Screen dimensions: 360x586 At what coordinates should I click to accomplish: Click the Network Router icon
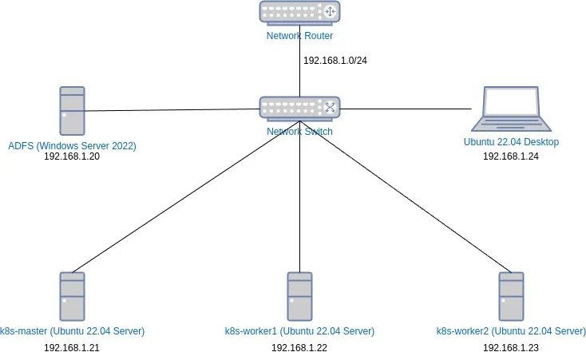299,12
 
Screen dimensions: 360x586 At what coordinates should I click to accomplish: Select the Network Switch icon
299,108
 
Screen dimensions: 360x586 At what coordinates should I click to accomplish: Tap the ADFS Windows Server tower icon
72,110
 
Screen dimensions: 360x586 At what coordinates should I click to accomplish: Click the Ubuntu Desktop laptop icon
511,109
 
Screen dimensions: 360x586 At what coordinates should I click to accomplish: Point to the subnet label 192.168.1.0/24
336,60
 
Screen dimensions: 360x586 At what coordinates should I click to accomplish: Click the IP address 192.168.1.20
72,156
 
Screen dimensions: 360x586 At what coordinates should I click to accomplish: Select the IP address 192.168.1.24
511,156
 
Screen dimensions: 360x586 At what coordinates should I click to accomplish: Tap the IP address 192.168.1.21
72,347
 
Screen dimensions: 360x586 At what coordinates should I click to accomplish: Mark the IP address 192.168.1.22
299,347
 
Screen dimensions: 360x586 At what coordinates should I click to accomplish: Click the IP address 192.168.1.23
511,347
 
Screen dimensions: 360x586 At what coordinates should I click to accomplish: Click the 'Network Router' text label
299,36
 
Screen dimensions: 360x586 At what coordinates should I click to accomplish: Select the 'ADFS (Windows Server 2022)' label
72,145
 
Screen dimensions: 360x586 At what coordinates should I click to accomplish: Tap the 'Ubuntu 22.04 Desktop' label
511,142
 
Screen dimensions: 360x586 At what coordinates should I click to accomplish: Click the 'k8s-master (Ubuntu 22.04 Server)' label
72,331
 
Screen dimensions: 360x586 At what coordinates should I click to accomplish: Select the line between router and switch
299,72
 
